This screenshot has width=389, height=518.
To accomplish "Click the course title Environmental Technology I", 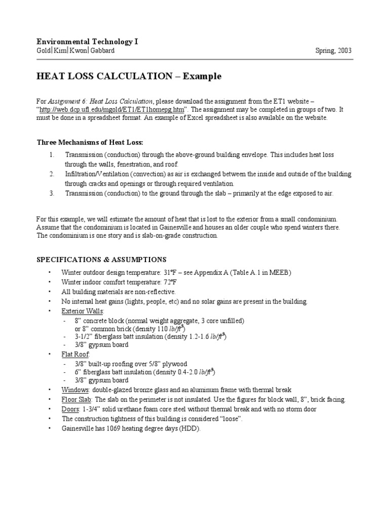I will click(87, 41).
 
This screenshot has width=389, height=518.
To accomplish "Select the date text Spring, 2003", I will click(333, 51).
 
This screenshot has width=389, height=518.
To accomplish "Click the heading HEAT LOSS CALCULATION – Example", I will click(129, 76).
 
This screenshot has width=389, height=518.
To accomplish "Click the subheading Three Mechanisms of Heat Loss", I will click(93, 142).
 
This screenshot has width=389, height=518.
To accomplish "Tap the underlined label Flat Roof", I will click(75, 354).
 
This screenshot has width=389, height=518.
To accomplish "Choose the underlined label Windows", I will click(75, 390).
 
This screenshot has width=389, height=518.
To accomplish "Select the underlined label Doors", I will click(71, 409).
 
